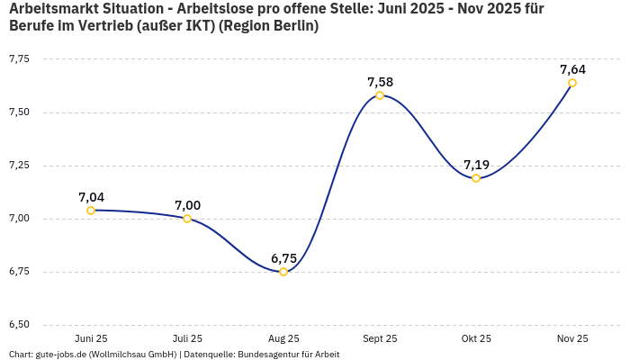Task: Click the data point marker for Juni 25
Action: pyautogui.click(x=91, y=211)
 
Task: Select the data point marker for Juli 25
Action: pyautogui.click(x=187, y=219)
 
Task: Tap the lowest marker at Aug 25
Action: pyautogui.click(x=283, y=272)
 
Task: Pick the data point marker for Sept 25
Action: pyautogui.click(x=380, y=95)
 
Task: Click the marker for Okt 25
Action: pyautogui.click(x=476, y=178)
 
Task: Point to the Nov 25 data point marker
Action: pyautogui.click(x=572, y=83)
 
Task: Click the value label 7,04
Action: pyautogui.click(x=91, y=197)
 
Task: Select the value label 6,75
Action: pyautogui.click(x=283, y=258)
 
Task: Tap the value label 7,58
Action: pyautogui.click(x=380, y=82)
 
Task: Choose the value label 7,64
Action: pyautogui.click(x=572, y=69)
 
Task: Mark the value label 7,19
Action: pyautogui.click(x=476, y=165)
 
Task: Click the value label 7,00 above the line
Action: pyautogui.click(x=187, y=205)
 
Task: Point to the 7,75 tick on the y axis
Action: pyautogui.click(x=19, y=59)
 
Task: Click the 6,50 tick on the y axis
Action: pyautogui.click(x=19, y=325)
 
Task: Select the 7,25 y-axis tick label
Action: pyautogui.click(x=19, y=166)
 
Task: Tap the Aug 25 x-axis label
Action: pyautogui.click(x=283, y=338)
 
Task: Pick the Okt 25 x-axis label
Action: pyautogui.click(x=476, y=338)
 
